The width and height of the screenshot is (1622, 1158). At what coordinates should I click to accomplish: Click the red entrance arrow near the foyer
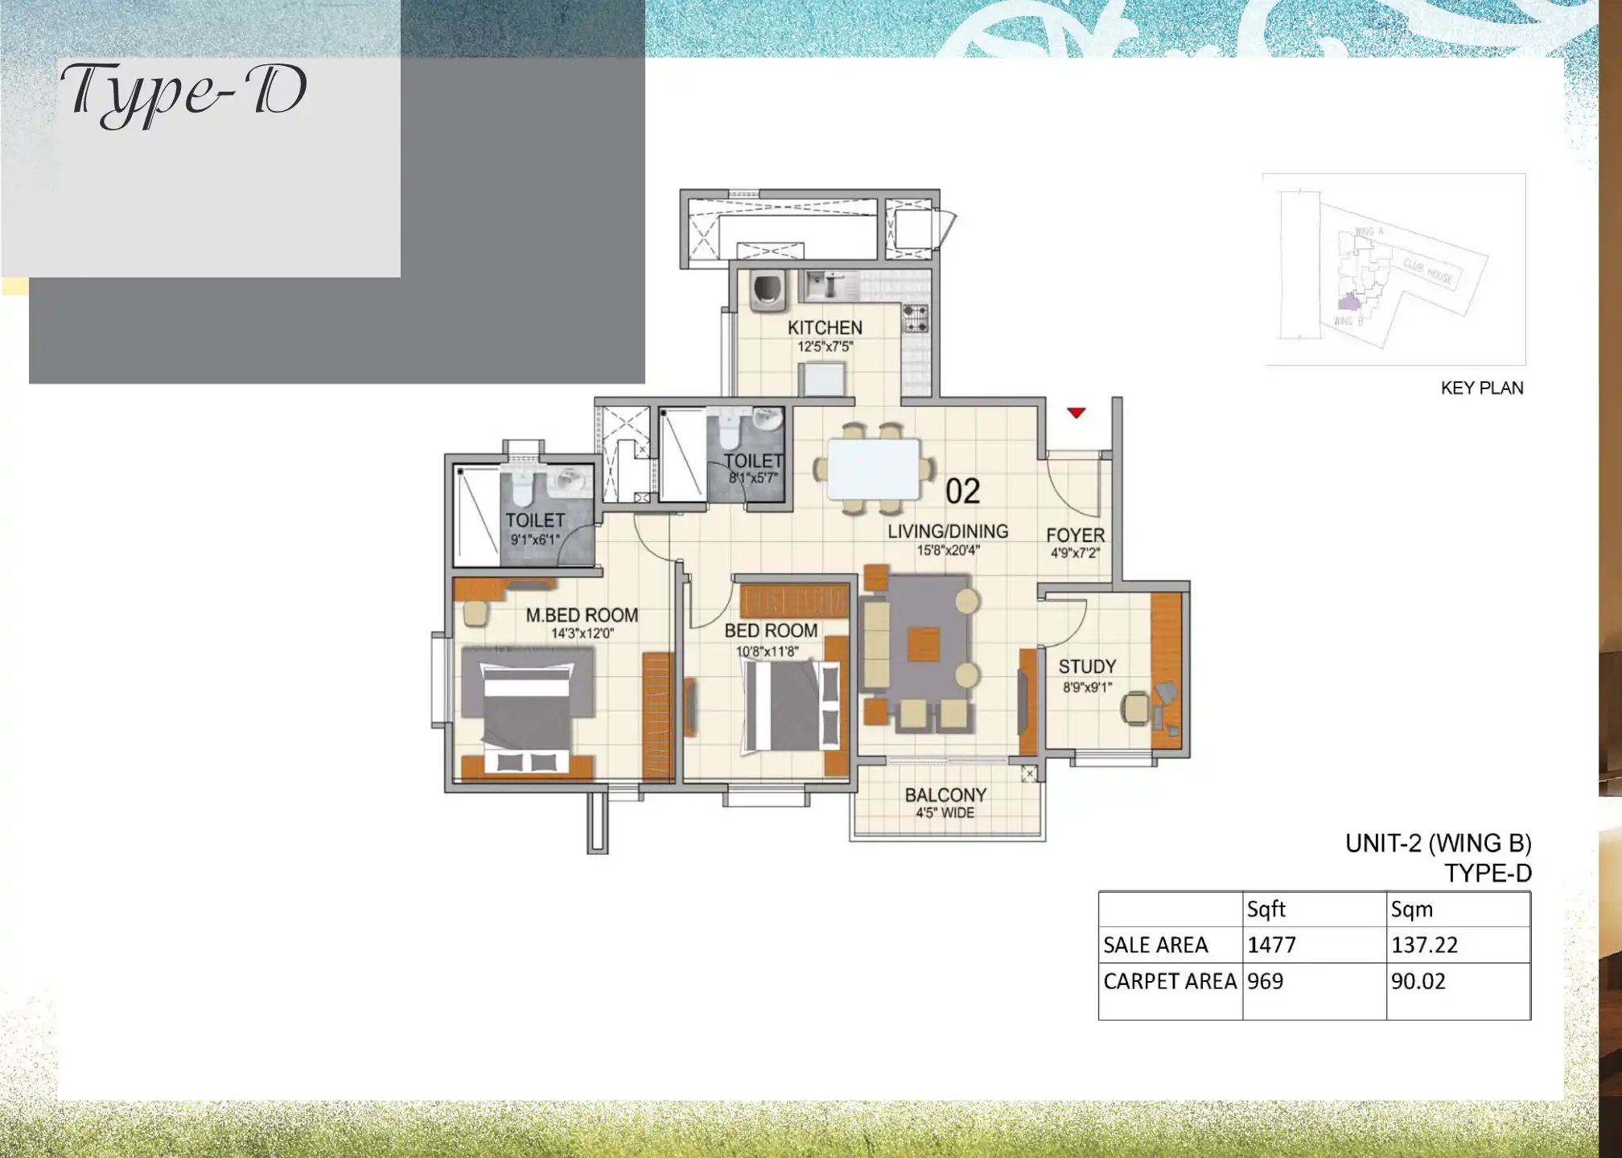(1076, 413)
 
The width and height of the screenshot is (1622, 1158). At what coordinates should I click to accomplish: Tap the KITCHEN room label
(825, 327)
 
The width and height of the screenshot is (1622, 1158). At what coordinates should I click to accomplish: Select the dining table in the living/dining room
(874, 469)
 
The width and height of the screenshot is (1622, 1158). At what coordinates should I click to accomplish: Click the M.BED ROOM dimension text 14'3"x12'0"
(583, 634)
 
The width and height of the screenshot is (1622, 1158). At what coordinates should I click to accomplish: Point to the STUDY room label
(1087, 667)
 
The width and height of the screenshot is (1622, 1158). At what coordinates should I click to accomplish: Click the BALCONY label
(945, 795)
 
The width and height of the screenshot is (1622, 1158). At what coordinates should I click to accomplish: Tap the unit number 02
(962, 491)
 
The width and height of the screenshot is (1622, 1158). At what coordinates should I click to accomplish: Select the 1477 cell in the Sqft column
(1272, 945)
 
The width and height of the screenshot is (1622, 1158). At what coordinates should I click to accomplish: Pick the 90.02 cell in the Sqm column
(1418, 981)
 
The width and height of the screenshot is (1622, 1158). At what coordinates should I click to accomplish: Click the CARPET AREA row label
(1169, 981)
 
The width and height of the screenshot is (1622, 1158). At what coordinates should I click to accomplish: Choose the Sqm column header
(1412, 910)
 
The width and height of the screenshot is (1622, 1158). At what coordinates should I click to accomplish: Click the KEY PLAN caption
(1481, 388)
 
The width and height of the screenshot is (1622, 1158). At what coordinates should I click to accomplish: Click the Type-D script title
(184, 92)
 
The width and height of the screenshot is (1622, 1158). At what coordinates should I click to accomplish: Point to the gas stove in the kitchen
(915, 318)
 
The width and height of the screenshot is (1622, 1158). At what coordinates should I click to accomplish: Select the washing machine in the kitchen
(764, 291)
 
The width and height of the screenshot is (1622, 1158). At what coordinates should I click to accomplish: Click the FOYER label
(1075, 535)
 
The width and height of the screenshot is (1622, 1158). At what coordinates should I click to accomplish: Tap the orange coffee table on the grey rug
(924, 644)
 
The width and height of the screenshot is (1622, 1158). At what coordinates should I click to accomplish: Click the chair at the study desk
(1136, 707)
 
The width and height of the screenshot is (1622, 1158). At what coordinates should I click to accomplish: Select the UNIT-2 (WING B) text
(1438, 843)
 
